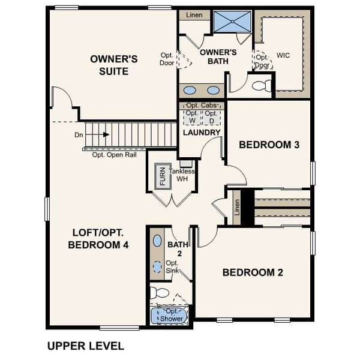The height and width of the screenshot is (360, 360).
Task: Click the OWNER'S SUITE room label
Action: pos(114,65)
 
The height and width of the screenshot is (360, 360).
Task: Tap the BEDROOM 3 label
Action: pos(269,145)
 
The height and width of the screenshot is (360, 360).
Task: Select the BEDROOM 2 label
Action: pos(253,272)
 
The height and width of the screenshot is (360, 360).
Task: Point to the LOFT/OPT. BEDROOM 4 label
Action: pos(98,238)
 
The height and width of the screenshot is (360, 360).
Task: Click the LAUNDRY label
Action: pos(202,132)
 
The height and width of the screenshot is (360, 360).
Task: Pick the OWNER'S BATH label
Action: pos(218,56)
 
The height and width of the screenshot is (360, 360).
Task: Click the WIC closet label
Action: pos(283,55)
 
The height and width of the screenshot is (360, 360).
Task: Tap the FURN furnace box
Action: pos(161,177)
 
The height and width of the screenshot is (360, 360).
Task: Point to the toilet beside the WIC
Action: pos(262,86)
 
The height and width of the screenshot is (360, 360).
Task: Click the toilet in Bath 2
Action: pos(160,293)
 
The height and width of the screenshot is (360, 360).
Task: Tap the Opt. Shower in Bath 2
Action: pos(171,316)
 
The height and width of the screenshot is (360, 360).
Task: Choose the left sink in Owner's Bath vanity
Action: pos(190,91)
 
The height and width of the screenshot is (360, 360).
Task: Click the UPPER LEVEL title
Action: pos(85,346)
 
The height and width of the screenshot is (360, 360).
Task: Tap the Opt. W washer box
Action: pos(193,116)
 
